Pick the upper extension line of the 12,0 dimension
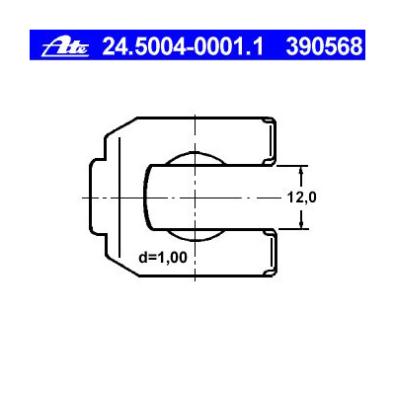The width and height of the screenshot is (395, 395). (x=286, y=164)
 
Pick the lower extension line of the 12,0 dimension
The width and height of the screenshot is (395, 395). (x=286, y=230)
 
